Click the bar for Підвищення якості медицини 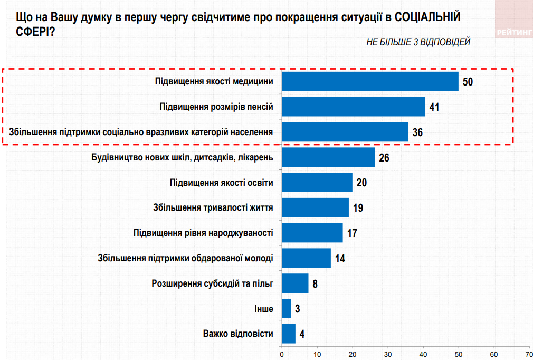370,81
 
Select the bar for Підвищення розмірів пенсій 354,107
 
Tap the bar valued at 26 328,157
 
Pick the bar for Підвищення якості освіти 317,182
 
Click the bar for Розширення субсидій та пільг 295,283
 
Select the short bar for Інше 287,308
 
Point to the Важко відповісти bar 289,334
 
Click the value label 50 468,82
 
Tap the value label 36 417,132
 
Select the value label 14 340,258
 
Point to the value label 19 358,207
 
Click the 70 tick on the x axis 528,353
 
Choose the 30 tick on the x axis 388,353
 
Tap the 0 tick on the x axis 282,353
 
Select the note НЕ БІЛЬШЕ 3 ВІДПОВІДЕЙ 418,42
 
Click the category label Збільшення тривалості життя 213,207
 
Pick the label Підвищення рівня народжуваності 204,233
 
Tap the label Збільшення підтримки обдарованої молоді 186,258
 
